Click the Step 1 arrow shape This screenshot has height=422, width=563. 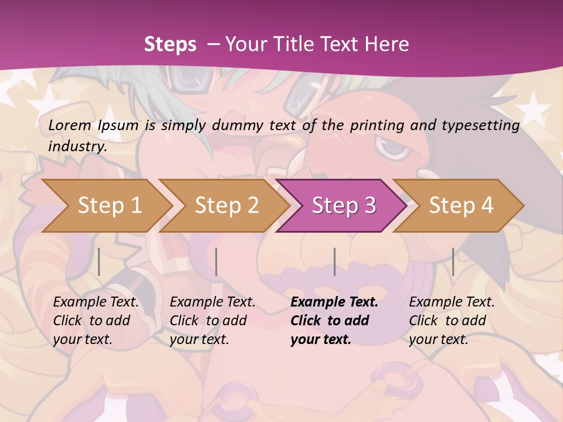point(109,206)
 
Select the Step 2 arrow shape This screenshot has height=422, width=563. point(226,206)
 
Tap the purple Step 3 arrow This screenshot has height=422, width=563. point(344,206)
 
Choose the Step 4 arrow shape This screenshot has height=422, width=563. point(461,206)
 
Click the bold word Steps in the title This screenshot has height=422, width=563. point(170,45)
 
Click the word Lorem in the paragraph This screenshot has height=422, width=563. point(70,125)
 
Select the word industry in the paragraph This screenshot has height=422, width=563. point(77,146)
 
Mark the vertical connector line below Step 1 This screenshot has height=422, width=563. point(99,261)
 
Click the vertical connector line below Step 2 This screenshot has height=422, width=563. point(216,261)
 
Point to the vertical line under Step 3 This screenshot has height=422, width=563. point(334,261)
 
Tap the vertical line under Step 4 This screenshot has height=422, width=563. point(453,261)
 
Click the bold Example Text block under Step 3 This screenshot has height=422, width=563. point(334,321)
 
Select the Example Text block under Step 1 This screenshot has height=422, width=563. point(96,321)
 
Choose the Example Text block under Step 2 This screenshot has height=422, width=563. point(212,321)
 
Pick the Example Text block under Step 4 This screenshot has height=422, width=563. point(452,321)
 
